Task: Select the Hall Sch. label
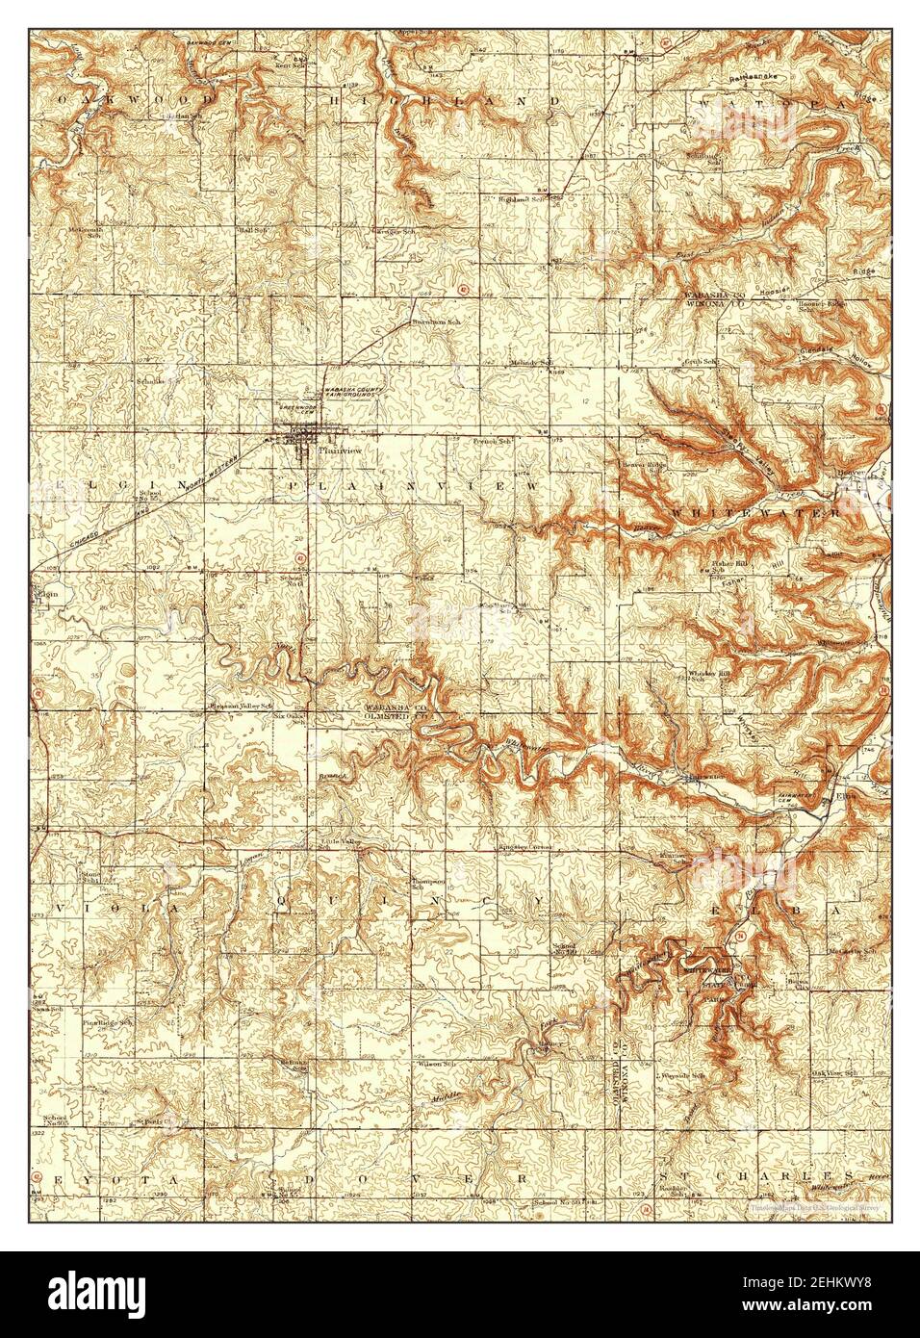(252, 231)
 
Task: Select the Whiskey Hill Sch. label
(709, 675)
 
